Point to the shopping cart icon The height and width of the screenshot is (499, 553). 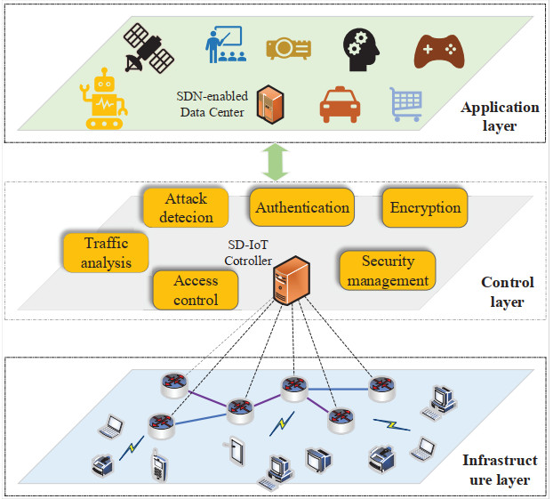click(405, 104)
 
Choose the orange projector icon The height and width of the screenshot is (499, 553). click(288, 47)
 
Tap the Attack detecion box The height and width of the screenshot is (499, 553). click(185, 206)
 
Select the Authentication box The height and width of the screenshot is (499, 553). click(302, 207)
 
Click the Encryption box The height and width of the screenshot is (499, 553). click(425, 207)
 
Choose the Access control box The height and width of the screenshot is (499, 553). click(196, 289)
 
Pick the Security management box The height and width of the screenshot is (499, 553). click(388, 270)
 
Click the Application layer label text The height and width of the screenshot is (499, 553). click(499, 117)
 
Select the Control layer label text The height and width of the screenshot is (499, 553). click(507, 292)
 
